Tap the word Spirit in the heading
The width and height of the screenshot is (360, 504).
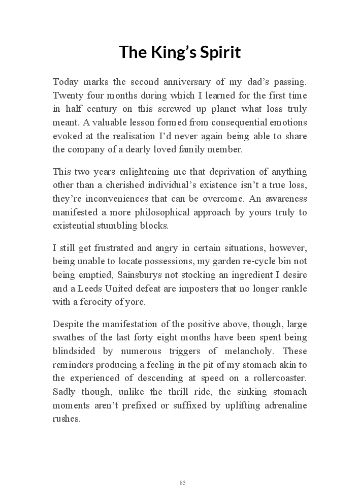[222, 52]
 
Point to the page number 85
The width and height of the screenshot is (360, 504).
[182, 483]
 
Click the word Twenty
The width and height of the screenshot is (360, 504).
[67, 96]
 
